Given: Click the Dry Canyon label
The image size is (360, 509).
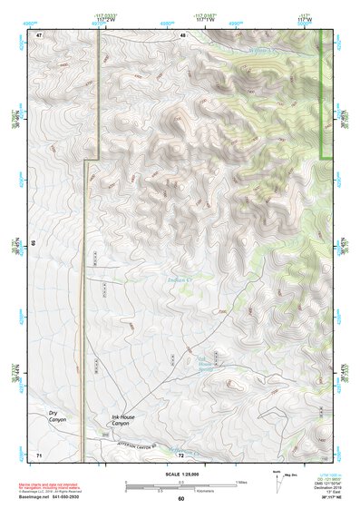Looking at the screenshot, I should click(x=58, y=416).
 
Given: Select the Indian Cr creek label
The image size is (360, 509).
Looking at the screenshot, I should click(x=180, y=280).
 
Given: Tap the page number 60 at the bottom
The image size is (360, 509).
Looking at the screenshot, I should click(x=181, y=498).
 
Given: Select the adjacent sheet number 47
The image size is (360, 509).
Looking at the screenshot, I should click(x=40, y=34).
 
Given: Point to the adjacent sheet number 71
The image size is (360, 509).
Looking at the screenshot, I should click(x=39, y=453).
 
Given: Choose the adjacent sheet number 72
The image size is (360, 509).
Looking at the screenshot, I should click(x=181, y=453).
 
